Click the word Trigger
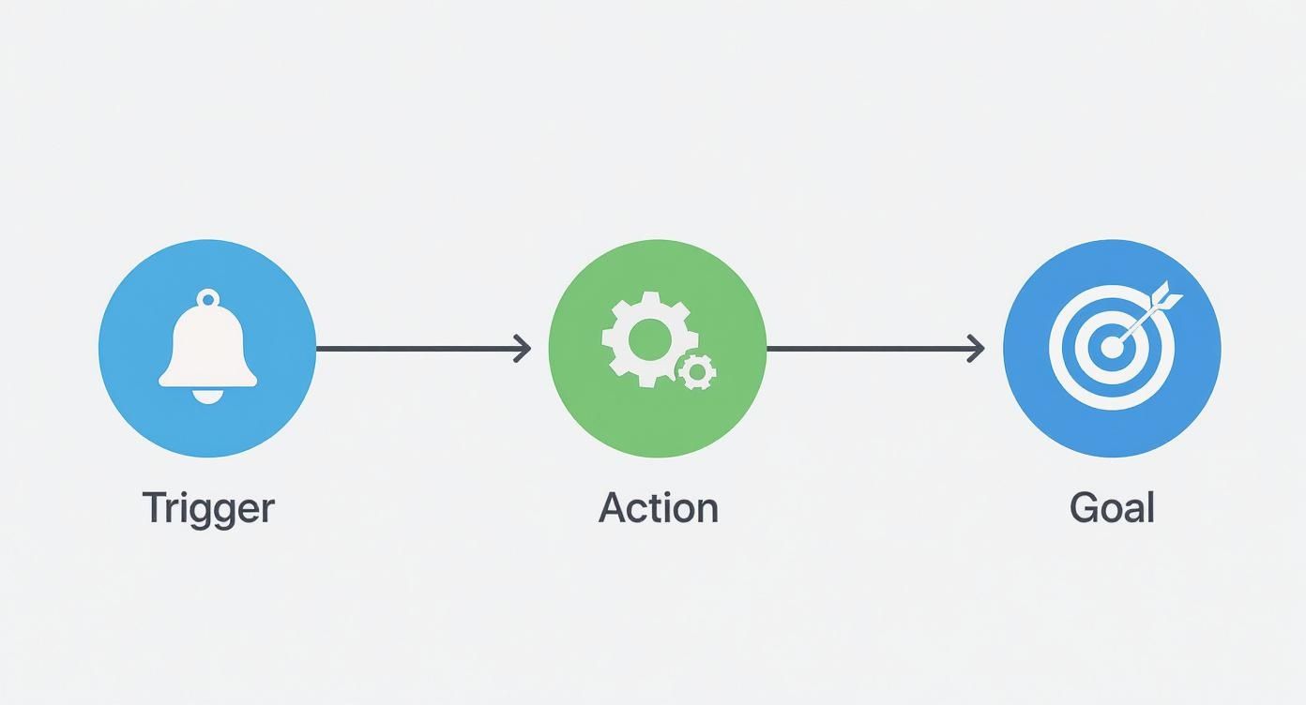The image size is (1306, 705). [208, 509]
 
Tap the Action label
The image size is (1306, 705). [659, 508]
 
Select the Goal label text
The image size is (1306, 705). [1112, 508]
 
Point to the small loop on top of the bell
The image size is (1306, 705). [208, 300]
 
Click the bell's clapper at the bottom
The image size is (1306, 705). [208, 397]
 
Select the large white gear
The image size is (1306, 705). [646, 339]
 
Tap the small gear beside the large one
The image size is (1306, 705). [697, 372]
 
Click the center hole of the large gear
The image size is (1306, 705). [648, 339]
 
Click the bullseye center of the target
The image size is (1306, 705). [1112, 349]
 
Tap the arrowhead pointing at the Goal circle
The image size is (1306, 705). [977, 349]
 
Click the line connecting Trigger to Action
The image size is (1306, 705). [418, 349]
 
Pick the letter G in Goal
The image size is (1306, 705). [1084, 508]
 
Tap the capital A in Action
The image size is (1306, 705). [614, 508]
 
